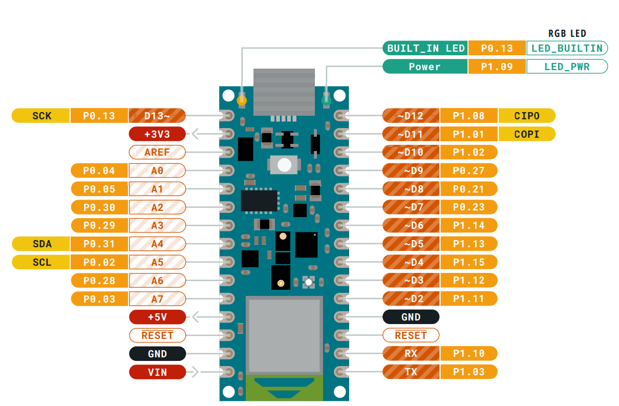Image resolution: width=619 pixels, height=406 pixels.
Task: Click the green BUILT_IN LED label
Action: tap(425, 48)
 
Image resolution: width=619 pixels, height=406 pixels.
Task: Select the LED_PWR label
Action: tap(567, 67)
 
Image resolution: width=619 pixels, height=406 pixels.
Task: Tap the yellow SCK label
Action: tap(41, 116)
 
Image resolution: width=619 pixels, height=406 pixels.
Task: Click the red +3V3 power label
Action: tap(157, 134)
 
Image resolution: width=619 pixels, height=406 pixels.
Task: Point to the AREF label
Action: tap(157, 152)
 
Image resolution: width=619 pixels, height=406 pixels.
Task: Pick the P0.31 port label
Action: tap(99, 244)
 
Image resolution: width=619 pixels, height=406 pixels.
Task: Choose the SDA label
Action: tap(41, 244)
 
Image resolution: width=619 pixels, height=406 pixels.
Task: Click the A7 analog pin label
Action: tap(157, 299)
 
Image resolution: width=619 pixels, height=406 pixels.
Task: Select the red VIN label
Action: tap(157, 372)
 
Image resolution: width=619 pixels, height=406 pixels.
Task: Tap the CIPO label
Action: tap(527, 116)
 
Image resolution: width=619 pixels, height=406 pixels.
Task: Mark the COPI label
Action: tap(527, 134)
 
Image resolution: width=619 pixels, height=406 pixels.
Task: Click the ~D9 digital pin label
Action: tap(411, 170)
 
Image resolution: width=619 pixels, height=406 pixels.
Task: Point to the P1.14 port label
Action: tap(468, 226)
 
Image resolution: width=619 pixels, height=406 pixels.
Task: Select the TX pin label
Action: tap(411, 372)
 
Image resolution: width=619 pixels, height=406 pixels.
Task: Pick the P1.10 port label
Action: tap(468, 354)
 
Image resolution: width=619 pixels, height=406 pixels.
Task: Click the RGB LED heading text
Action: tap(567, 34)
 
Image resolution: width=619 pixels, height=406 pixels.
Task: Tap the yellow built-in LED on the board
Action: tap(242, 100)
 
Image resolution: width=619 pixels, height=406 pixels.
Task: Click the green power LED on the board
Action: tap(326, 100)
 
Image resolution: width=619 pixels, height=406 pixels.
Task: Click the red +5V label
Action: tap(157, 317)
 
